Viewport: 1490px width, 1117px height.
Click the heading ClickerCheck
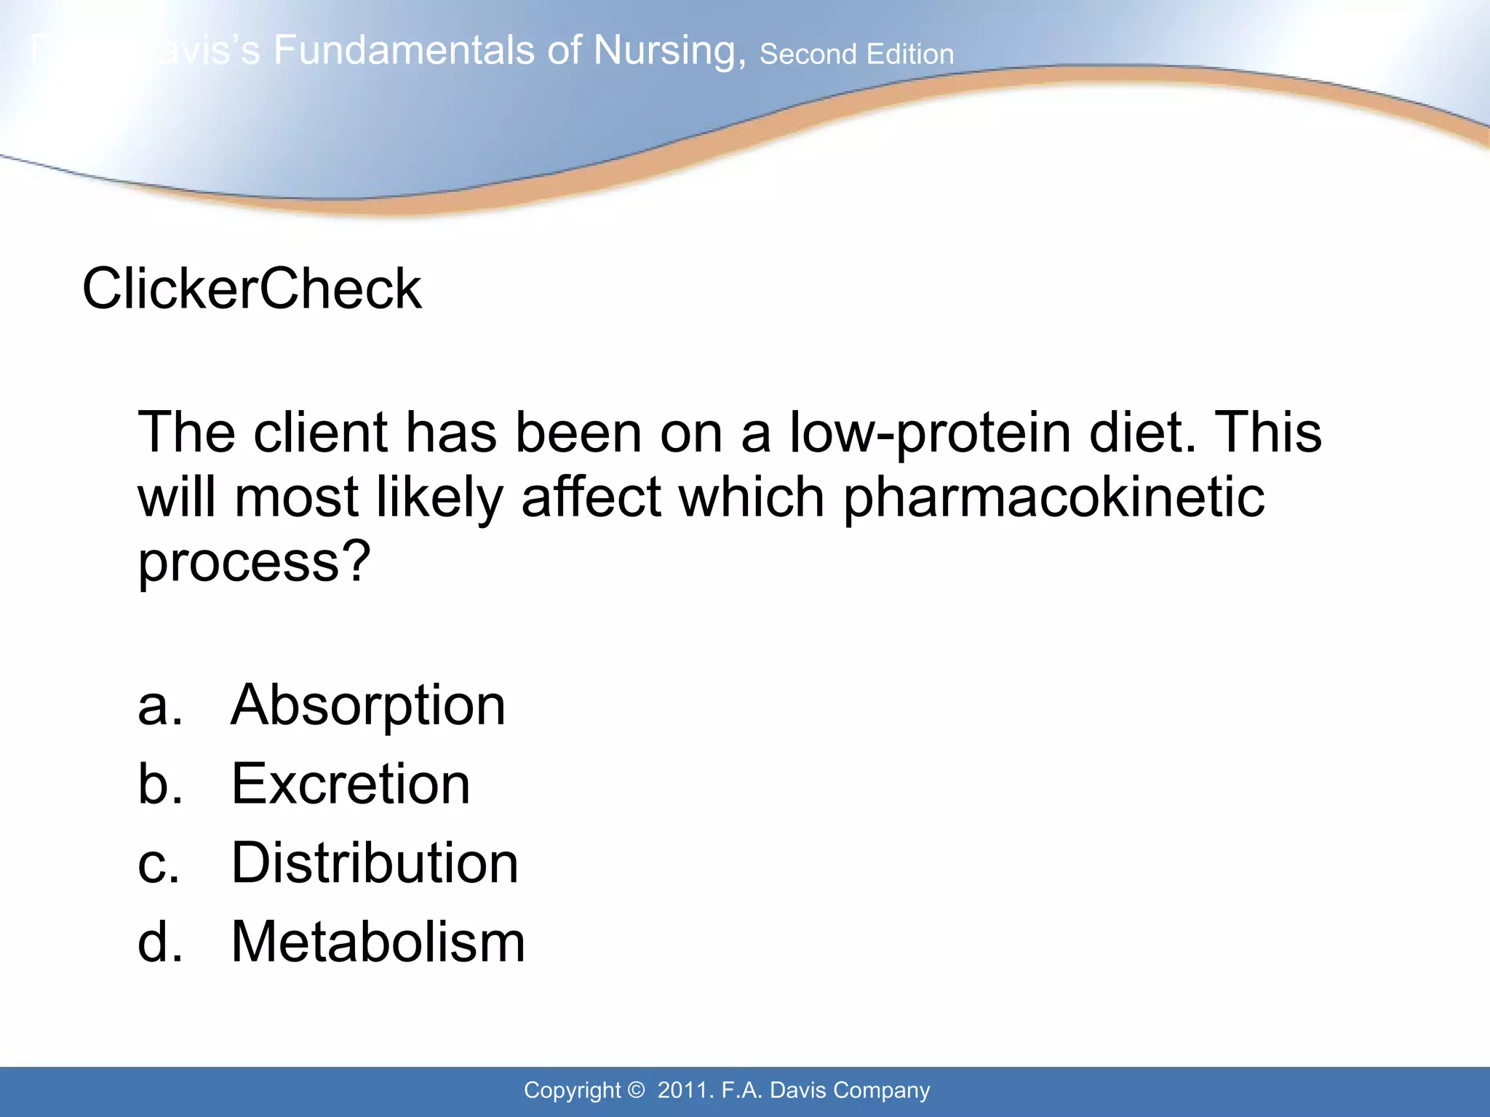[252, 289]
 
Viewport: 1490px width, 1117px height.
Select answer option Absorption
[368, 705]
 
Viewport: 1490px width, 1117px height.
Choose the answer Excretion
[351, 784]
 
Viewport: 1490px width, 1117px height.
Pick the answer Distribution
[375, 863]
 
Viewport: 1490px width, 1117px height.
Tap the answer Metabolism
[378, 942]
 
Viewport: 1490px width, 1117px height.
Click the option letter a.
[159, 706]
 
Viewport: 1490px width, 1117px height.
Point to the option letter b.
[159, 784]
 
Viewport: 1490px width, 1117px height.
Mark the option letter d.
[159, 942]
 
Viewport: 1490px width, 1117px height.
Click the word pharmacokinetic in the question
[1053, 499]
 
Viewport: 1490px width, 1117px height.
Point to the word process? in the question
[255, 563]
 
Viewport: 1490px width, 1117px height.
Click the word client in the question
[320, 433]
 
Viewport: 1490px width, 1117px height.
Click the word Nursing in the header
[669, 51]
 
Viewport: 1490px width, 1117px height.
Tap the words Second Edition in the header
[856, 55]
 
